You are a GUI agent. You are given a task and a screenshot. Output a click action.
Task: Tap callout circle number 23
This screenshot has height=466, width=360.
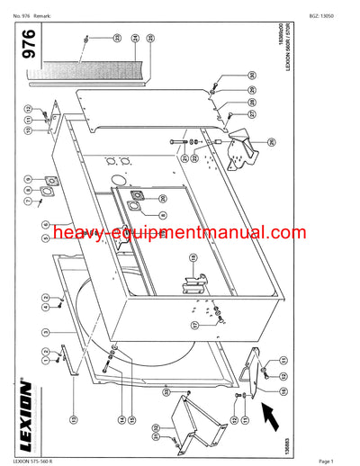[x=116, y=39]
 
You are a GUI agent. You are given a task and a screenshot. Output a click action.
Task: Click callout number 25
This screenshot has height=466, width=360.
[x=150, y=39]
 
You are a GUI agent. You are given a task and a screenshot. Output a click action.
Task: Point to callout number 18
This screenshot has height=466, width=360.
[x=191, y=260]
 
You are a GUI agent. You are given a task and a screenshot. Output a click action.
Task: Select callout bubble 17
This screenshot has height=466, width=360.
[x=194, y=326]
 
